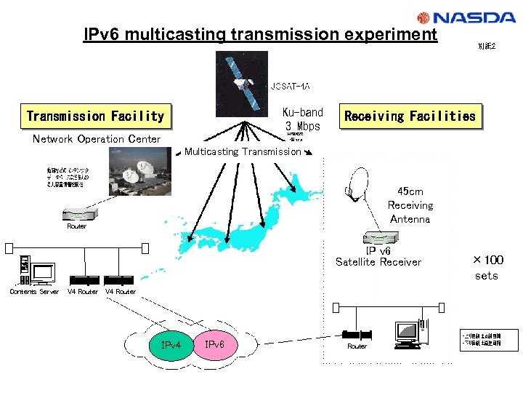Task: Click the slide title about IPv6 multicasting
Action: [x=260, y=34]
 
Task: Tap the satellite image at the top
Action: [x=242, y=83]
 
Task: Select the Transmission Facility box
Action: [x=95, y=116]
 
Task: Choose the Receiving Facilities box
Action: [x=410, y=116]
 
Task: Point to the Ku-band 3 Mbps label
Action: [x=302, y=119]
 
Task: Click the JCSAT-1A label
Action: [x=290, y=87]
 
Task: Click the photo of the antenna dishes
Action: [x=140, y=172]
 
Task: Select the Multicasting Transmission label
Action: [x=243, y=151]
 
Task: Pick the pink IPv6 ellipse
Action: [x=214, y=344]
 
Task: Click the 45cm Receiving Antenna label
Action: [x=410, y=205]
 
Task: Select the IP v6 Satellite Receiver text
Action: [x=378, y=256]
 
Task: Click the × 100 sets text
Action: [x=487, y=267]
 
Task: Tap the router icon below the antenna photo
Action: [x=76, y=215]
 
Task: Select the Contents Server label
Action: [x=34, y=292]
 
